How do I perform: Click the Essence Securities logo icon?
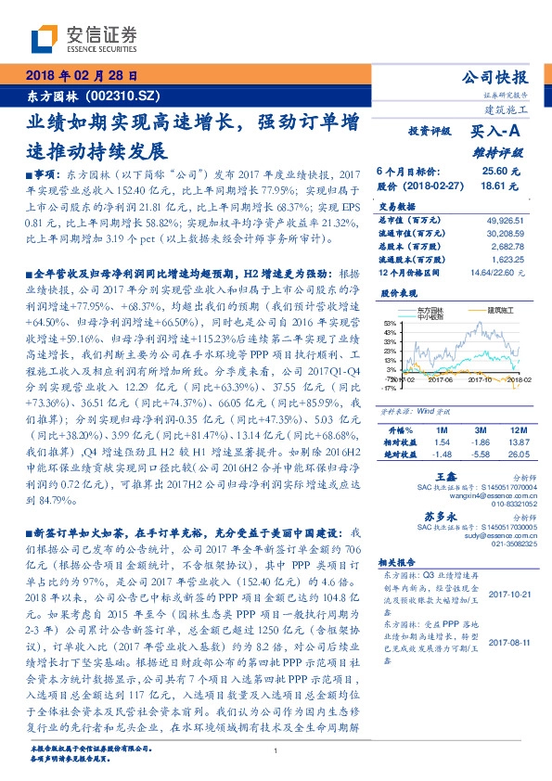47,37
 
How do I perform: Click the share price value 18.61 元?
494,186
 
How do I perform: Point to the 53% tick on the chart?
388,323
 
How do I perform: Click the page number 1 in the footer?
276,751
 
